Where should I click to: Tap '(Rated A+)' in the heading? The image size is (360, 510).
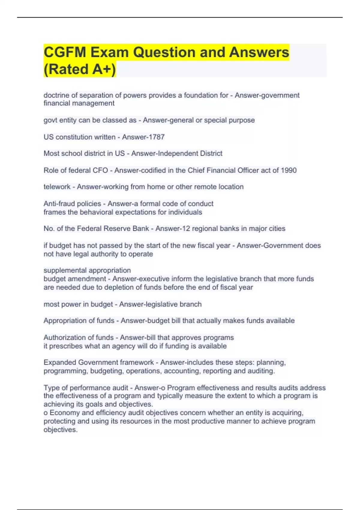[x=79, y=69]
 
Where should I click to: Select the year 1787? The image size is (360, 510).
[x=157, y=137]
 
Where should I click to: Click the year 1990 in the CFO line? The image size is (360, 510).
[x=289, y=170]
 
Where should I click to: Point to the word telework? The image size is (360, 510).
[x=57, y=187]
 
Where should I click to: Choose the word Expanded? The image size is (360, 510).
[x=60, y=362]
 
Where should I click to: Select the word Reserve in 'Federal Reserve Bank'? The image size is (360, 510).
[x=113, y=229]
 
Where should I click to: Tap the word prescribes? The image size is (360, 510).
[x=66, y=346]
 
